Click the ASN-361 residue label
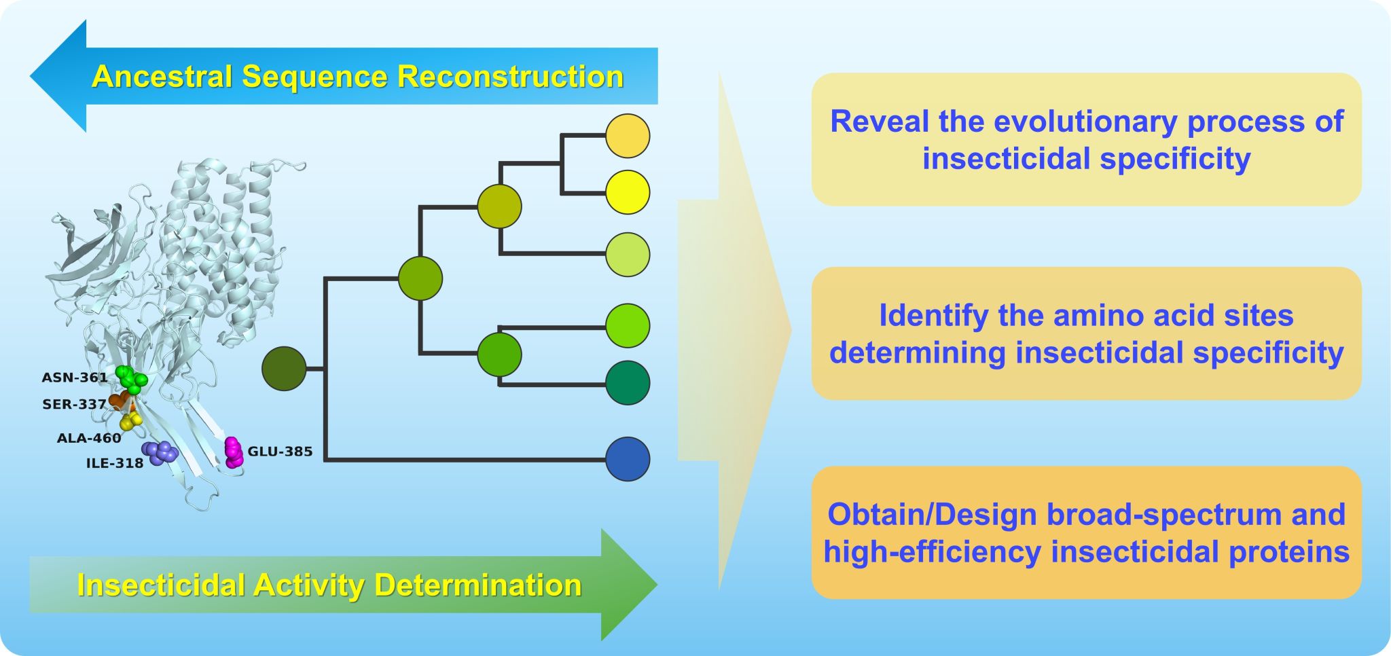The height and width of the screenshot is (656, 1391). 74,378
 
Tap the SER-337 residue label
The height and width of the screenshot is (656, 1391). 74,405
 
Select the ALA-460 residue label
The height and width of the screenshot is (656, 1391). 89,439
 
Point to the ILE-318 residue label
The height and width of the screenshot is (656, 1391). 115,464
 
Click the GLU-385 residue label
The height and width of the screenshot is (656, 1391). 280,452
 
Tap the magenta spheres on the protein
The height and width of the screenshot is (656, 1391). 234,452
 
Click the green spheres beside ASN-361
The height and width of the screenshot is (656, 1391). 131,379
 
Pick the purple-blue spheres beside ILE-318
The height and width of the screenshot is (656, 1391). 160,452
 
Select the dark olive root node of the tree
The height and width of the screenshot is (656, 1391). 285,369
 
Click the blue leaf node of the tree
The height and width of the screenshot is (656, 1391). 628,459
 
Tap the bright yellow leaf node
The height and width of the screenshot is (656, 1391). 628,192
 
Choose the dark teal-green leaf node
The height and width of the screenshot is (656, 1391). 628,383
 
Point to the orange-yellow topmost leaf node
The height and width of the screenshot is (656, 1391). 628,136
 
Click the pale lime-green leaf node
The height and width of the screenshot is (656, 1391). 628,255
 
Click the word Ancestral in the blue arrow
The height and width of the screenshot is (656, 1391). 162,77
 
